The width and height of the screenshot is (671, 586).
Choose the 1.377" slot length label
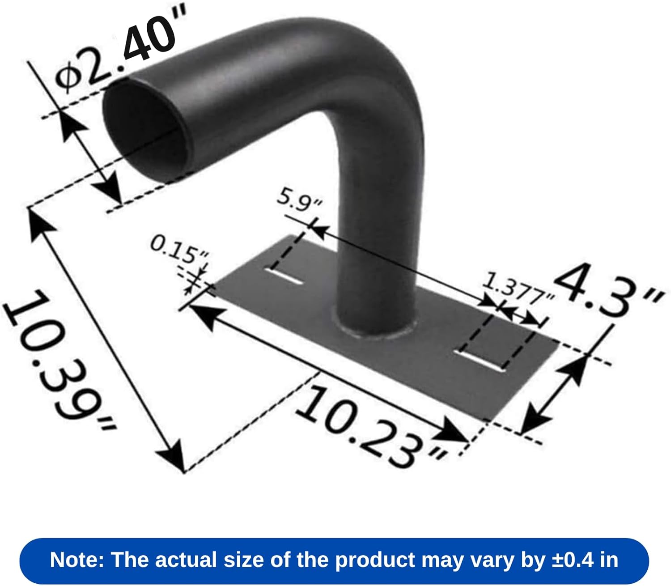point(519,289)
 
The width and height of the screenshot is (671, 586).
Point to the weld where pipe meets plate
point(376,333)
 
